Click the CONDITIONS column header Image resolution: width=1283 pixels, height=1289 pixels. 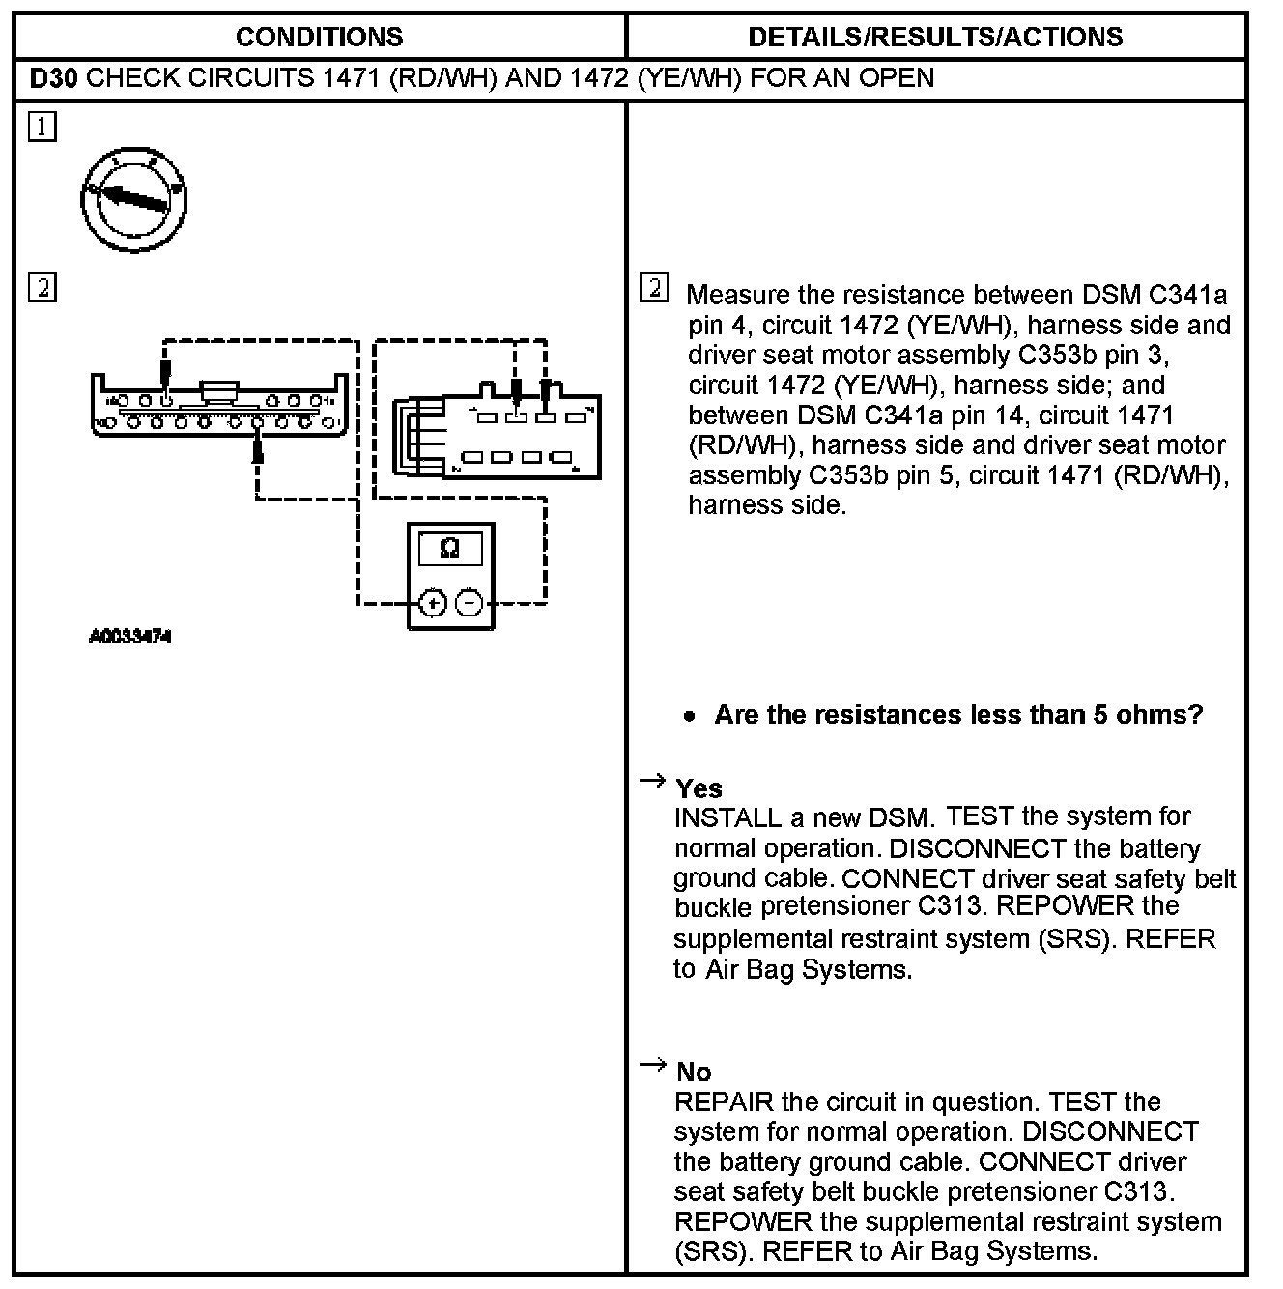319,37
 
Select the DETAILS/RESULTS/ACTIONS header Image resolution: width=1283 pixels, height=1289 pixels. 935,37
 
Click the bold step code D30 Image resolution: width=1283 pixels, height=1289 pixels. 52,78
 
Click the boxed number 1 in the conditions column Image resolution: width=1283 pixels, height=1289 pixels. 43,127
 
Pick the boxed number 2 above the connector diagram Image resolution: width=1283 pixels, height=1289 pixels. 43,288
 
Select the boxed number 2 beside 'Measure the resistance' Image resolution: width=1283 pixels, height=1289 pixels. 654,288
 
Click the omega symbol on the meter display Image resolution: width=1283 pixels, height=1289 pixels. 449,549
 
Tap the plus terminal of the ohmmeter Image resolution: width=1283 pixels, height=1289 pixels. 433,604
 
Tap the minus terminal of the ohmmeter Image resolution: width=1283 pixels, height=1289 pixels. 469,604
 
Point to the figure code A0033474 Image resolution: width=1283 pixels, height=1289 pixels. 130,637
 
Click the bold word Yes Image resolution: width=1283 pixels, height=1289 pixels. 699,788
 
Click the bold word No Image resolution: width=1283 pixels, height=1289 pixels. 694,1072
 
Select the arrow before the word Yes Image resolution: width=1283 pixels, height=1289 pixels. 653,781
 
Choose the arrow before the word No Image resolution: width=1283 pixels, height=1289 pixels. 653,1065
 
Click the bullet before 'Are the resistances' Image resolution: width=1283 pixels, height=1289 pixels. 688,717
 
